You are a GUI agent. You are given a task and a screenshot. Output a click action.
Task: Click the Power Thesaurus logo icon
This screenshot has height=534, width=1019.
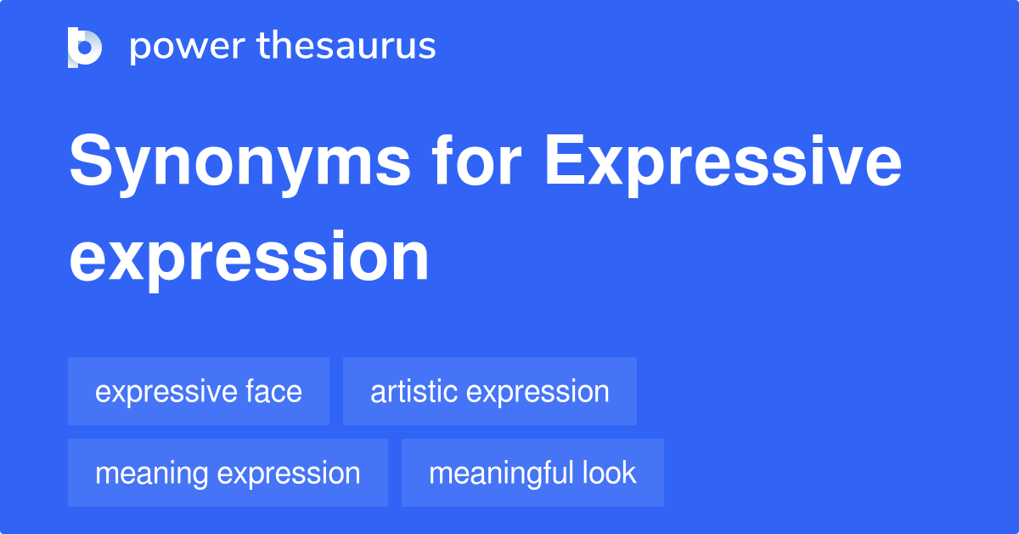click(x=85, y=47)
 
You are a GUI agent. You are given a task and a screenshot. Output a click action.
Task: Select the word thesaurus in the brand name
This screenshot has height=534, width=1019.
click(x=346, y=47)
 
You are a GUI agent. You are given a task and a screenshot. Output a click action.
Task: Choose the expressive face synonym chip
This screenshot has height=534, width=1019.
click(x=199, y=391)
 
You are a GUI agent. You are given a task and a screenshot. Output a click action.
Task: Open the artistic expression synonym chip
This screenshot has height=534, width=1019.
click(x=490, y=391)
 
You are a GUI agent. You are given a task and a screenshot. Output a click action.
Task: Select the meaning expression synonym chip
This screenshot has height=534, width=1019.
click(x=228, y=473)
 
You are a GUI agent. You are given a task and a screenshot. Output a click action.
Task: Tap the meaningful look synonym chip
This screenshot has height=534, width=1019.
click(x=532, y=473)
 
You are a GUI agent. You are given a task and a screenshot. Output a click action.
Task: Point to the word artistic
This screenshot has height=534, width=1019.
click(x=414, y=391)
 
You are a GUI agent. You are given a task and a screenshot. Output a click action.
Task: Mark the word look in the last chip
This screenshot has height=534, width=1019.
click(x=609, y=473)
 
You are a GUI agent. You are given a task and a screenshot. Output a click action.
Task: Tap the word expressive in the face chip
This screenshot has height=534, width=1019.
click(x=165, y=391)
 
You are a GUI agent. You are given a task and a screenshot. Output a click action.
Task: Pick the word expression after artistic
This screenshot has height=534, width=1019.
click(x=538, y=391)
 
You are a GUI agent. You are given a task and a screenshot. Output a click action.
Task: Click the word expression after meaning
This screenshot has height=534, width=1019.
click(x=289, y=473)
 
